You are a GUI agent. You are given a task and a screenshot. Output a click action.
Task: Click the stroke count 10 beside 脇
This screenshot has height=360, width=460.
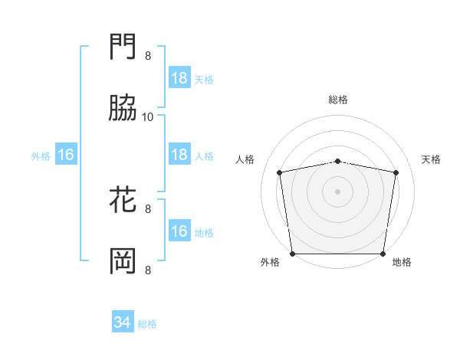tap(148, 116)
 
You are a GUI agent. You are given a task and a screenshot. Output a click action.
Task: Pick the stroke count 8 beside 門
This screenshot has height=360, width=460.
tap(148, 56)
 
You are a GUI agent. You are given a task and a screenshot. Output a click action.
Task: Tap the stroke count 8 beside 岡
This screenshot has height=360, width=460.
tap(148, 270)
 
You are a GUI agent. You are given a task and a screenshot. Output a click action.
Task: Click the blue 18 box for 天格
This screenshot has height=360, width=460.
tap(179, 78)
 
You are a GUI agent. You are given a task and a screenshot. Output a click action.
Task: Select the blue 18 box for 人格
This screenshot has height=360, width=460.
tap(179, 155)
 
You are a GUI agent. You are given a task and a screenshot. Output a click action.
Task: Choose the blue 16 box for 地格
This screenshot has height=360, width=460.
tap(179, 231)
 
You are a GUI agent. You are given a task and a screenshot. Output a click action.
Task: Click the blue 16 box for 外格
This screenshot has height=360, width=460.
tap(66, 155)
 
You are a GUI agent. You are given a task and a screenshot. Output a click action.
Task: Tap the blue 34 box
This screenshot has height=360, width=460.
tap(122, 323)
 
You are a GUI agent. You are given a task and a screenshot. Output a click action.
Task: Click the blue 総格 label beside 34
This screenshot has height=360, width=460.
tap(148, 324)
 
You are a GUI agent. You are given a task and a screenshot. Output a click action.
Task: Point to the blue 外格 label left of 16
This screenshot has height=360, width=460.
tap(41, 155)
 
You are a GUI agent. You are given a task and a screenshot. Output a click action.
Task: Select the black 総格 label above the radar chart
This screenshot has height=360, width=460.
tap(338, 100)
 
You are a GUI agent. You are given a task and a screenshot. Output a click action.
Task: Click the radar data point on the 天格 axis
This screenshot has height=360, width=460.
tap(396, 172)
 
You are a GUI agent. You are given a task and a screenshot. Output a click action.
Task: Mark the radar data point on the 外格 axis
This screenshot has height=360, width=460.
tap(292, 254)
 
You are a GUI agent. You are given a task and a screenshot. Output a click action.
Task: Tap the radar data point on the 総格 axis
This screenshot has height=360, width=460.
tap(338, 161)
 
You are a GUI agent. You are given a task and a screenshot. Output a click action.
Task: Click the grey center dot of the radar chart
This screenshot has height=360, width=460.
tap(338, 191)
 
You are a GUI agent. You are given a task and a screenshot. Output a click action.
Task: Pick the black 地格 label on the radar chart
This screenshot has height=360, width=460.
tap(402, 263)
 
